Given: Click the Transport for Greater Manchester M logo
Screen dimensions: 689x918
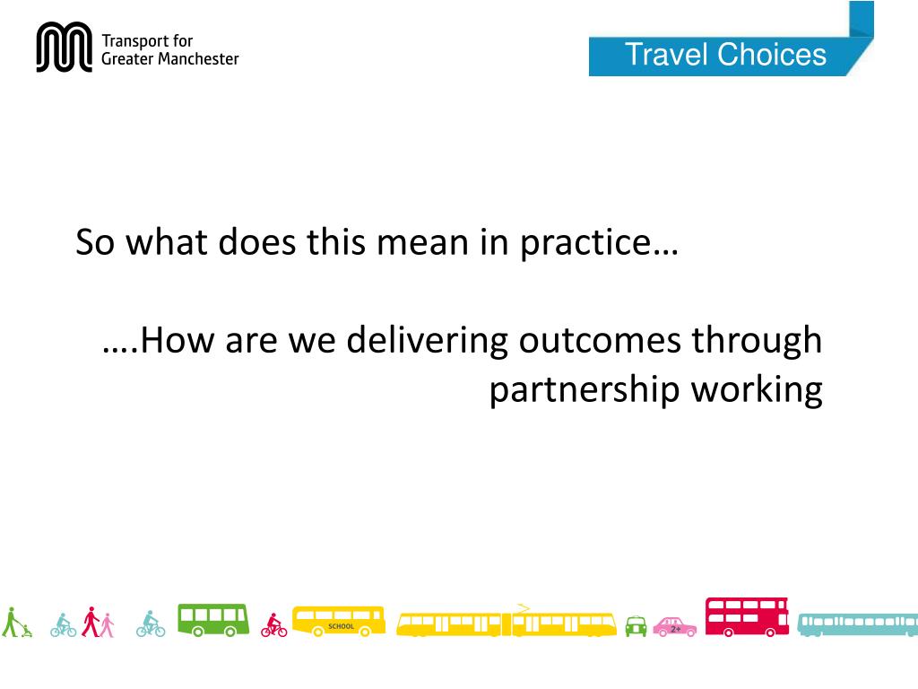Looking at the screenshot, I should tap(65, 48).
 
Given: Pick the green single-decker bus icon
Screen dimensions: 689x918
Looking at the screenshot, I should tap(212, 620).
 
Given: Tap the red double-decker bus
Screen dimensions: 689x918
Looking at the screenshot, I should tap(747, 617).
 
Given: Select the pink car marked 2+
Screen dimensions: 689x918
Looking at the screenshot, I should tap(674, 626).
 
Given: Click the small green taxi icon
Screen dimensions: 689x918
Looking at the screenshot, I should tap(636, 626).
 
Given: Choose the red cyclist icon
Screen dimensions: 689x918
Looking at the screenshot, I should tap(274, 625).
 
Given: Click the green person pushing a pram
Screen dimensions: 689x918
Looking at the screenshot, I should tap(15, 623).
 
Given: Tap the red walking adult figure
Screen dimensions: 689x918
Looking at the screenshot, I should tap(90, 622).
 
